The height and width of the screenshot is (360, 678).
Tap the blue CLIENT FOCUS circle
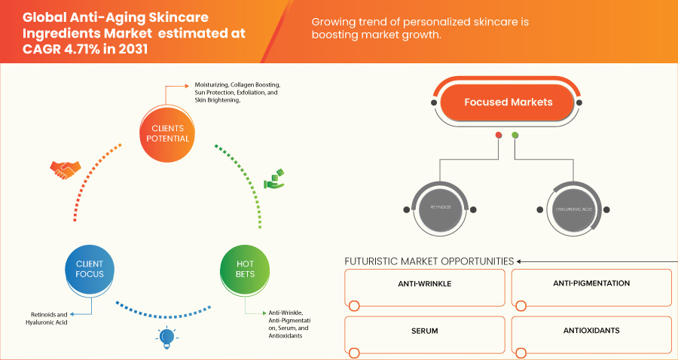(90, 269)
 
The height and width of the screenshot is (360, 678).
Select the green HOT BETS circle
(245, 269)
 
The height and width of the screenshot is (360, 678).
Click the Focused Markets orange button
(508, 102)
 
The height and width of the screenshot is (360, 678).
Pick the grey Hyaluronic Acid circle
(574, 206)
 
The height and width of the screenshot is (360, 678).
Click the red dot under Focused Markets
(498, 136)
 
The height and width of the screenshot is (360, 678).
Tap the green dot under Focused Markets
(515, 136)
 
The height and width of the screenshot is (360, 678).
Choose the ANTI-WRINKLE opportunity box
(425, 285)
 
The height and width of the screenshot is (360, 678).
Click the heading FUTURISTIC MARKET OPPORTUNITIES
(429, 261)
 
